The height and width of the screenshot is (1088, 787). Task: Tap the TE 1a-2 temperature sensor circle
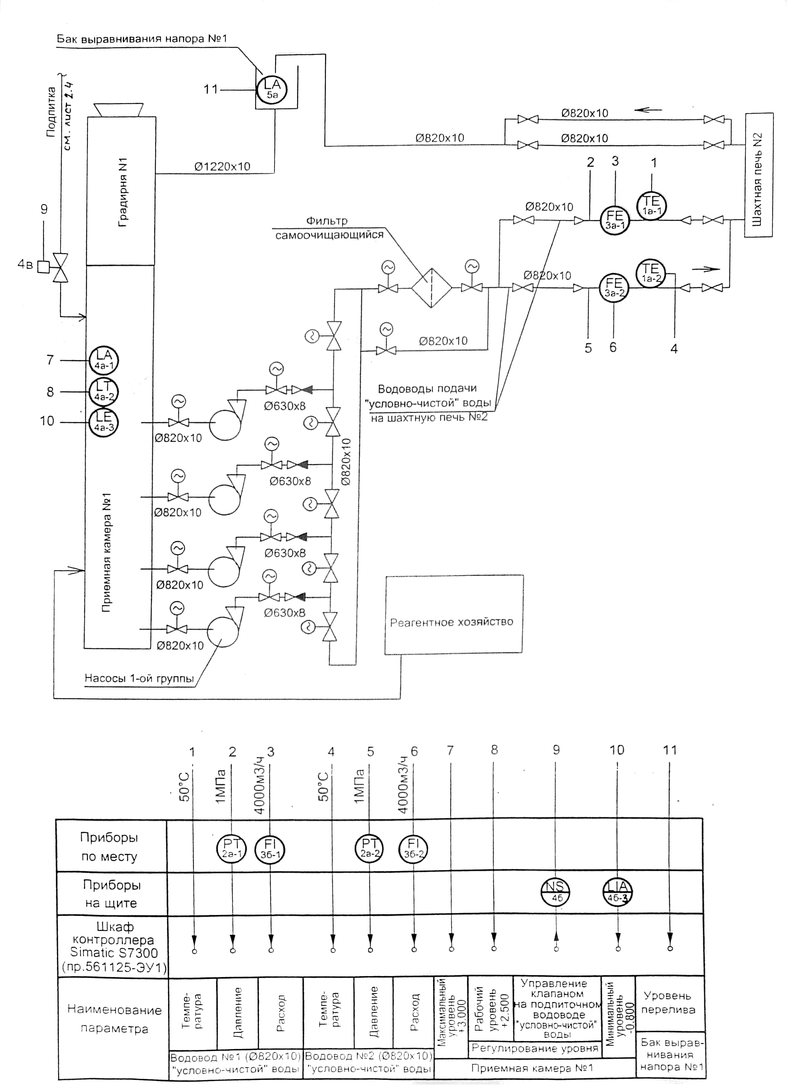[651, 273]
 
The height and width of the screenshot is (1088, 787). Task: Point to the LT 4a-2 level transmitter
[104, 391]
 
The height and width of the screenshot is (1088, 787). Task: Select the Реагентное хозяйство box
[454, 614]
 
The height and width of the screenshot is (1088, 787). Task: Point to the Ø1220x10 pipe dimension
[222, 167]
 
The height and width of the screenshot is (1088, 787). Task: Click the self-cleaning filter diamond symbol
[431, 288]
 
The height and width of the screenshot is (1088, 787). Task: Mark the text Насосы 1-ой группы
[139, 678]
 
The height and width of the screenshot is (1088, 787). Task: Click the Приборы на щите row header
[111, 894]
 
